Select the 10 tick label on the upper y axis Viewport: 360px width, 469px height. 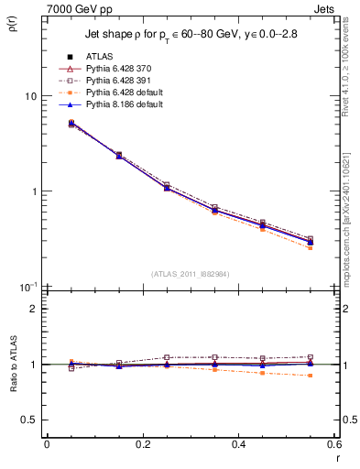[31, 96]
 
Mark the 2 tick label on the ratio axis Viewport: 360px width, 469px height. [34, 309]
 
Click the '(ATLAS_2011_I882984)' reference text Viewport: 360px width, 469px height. [190, 274]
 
